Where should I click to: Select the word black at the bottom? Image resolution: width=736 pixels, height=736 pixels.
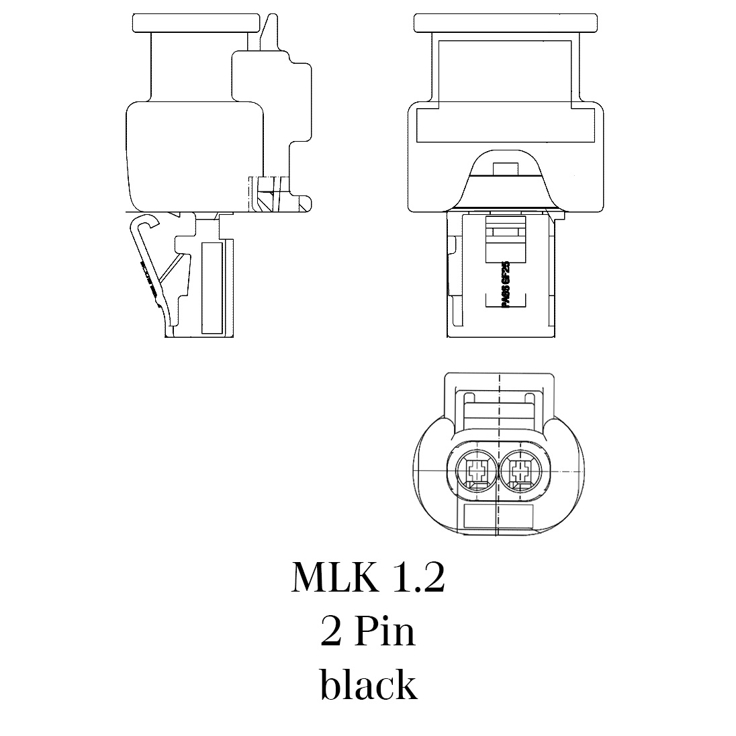coord(368,685)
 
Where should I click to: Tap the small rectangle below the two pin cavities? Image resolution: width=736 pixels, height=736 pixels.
coord(498,518)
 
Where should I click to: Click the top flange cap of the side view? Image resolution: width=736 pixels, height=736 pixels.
coord(195,22)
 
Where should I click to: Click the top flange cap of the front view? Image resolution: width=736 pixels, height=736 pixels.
coord(505,22)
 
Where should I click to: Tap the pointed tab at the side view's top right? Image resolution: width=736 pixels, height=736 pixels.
coord(269,31)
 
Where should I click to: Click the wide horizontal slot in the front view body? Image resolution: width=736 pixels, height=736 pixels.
coord(505,126)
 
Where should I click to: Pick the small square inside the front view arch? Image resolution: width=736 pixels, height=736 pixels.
coord(504,168)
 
